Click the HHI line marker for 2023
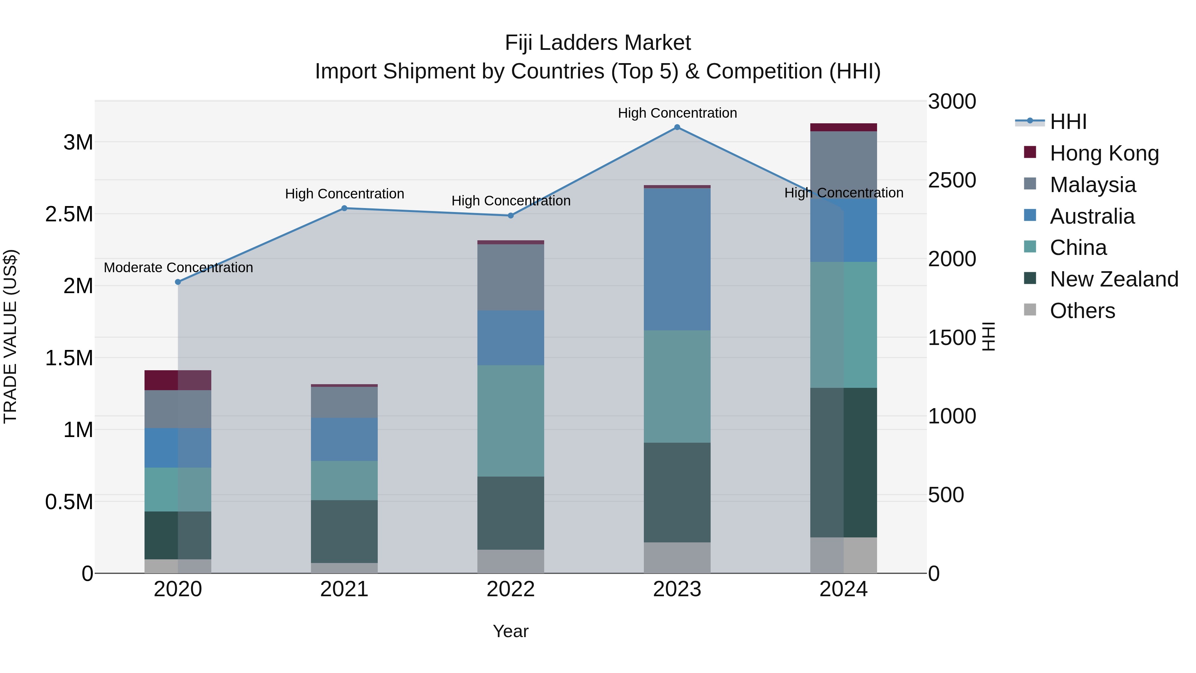(x=677, y=127)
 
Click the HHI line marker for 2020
(x=178, y=282)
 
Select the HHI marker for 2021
(x=344, y=208)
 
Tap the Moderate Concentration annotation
(x=178, y=268)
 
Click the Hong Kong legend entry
(x=1104, y=153)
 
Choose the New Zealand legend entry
(x=1114, y=279)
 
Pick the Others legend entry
(x=1082, y=311)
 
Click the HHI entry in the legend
(x=1068, y=122)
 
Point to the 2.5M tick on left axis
(x=69, y=214)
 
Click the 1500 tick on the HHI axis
(x=952, y=338)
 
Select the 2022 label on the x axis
(x=511, y=589)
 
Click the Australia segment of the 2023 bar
(x=677, y=259)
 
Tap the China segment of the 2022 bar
(x=511, y=421)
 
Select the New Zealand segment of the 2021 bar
(x=344, y=531)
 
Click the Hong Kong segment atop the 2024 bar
(x=843, y=127)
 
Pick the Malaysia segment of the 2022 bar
(x=511, y=277)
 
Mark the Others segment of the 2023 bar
(x=677, y=557)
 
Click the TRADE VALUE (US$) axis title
(x=10, y=336)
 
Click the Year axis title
(x=511, y=631)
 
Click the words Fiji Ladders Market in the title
(x=598, y=43)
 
